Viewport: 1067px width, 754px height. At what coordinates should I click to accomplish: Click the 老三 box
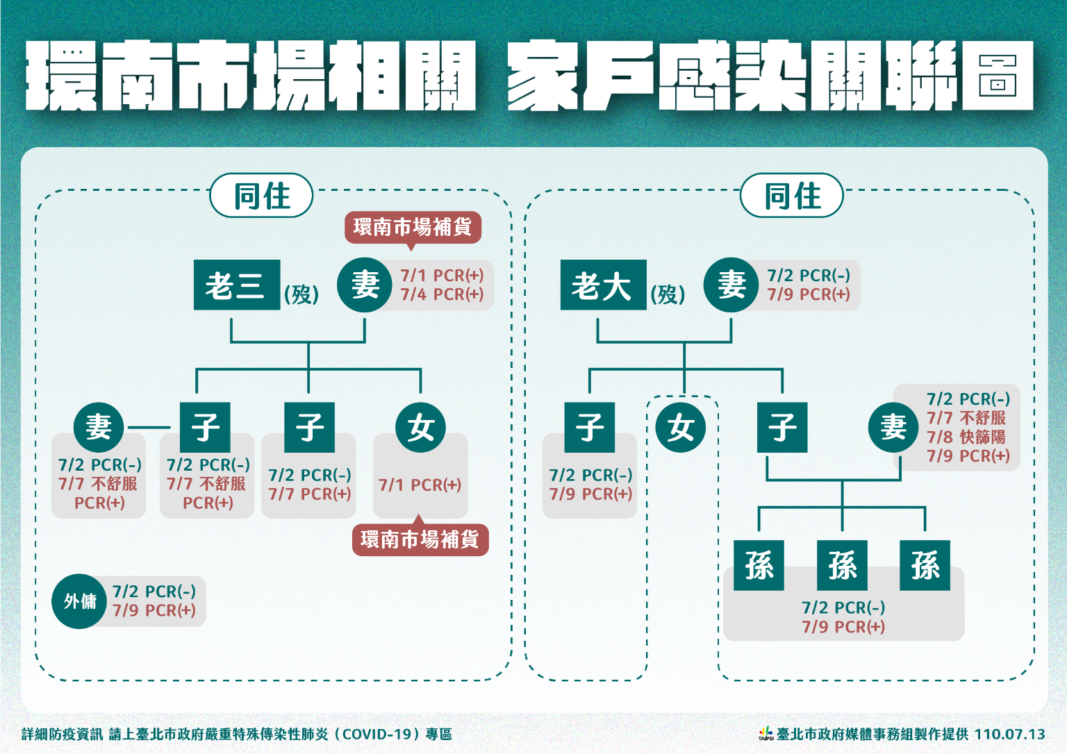(x=236, y=285)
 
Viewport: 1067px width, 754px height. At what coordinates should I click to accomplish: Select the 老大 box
(x=603, y=285)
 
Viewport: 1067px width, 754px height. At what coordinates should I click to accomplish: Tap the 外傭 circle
(x=79, y=601)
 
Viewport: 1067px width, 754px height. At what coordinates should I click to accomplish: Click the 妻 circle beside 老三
(x=365, y=285)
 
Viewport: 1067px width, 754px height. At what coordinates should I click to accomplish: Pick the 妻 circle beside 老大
(x=731, y=285)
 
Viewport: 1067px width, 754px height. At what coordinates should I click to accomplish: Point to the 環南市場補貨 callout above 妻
(x=413, y=227)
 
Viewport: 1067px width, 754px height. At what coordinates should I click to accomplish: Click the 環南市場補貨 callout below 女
(x=420, y=539)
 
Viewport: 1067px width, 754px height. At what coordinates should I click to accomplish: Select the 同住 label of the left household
(x=261, y=195)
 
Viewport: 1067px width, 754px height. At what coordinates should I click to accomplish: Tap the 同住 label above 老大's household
(x=792, y=195)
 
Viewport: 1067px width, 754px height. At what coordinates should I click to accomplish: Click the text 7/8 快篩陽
(x=966, y=437)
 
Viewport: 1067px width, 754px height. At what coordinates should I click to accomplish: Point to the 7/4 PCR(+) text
(x=442, y=294)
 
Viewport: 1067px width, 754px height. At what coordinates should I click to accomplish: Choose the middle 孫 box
(x=842, y=565)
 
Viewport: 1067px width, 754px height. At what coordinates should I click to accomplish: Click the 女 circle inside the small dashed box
(x=681, y=427)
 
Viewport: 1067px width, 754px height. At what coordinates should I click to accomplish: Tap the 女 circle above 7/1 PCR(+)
(x=421, y=427)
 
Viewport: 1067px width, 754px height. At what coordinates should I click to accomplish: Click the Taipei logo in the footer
(x=766, y=733)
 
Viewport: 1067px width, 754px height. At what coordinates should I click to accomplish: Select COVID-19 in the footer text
(x=379, y=734)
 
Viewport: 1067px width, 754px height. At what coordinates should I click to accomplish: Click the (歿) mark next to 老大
(x=668, y=294)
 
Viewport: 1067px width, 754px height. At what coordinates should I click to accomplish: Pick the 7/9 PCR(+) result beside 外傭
(x=154, y=610)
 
